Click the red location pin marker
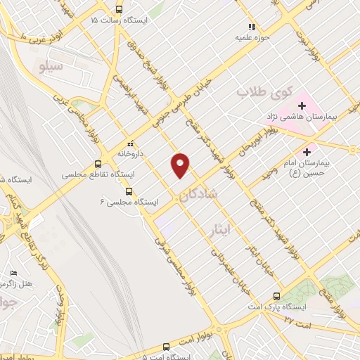[181, 165]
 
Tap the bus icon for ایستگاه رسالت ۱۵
[118, 10]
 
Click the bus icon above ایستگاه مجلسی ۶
[128, 191]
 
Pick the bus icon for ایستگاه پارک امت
[276, 296]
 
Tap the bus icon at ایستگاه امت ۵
[166, 347]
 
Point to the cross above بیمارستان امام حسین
[307, 151]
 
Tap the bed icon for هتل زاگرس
[13, 273]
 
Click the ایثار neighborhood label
[220, 229]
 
